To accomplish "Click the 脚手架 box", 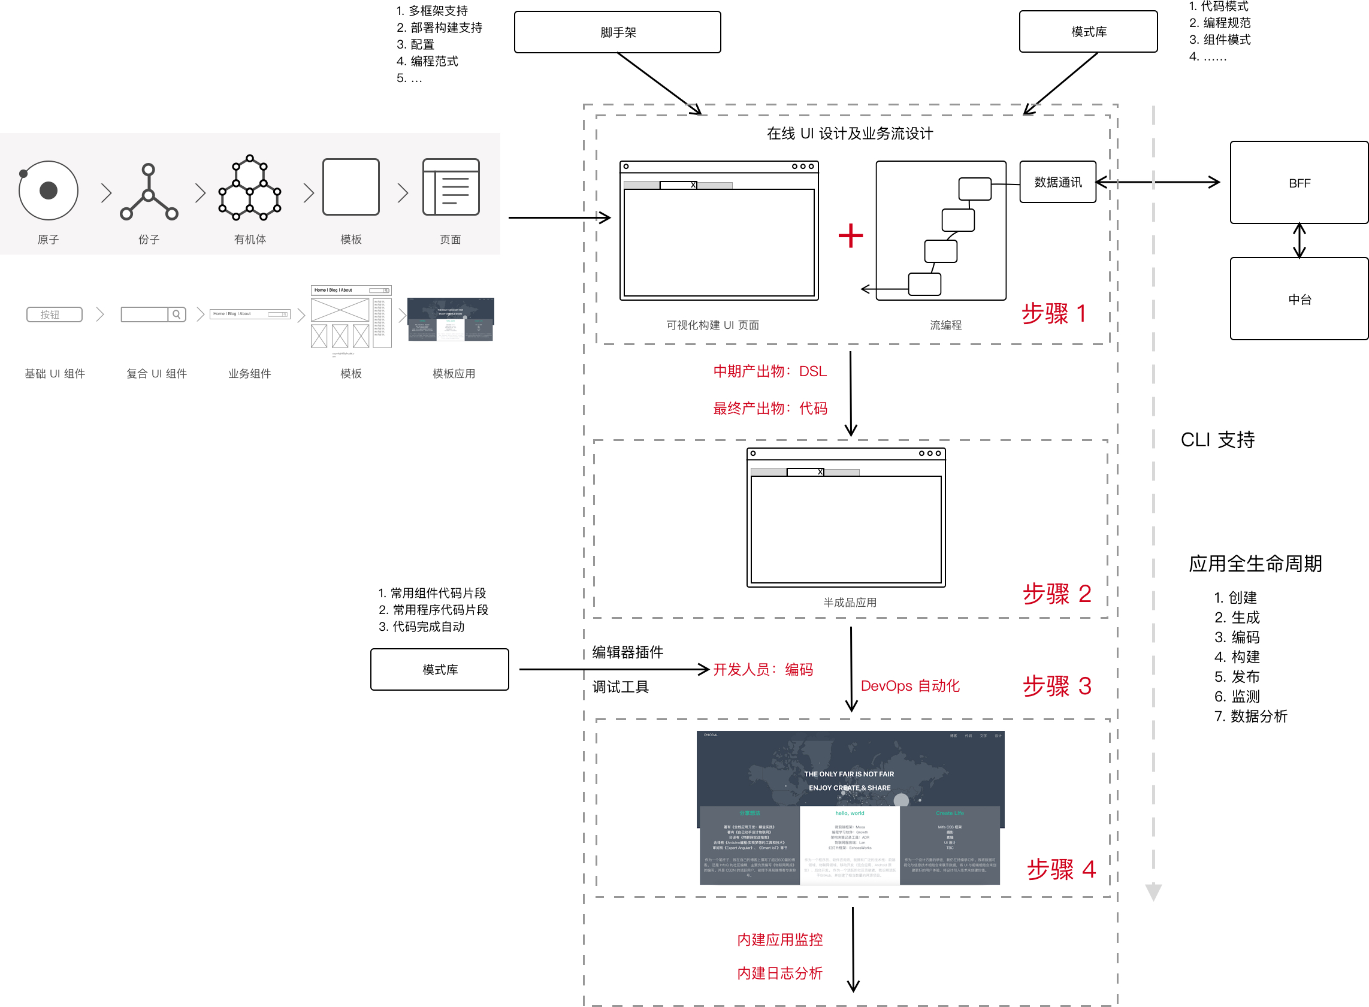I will [617, 32].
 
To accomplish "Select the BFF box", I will [1298, 183].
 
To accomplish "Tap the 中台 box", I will [1298, 299].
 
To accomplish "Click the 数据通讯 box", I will [1057, 182].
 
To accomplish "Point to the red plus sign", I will [850, 236].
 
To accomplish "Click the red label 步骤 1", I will [1053, 314].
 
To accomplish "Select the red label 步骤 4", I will [1060, 869].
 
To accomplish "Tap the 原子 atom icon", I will [48, 190].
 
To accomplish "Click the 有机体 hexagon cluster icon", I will [249, 188].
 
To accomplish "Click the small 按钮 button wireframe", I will [55, 315].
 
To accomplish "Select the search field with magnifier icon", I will [153, 315].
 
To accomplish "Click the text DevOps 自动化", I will [909, 687].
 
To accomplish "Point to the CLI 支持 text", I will [1217, 440].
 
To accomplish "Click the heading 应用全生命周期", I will [1255, 564].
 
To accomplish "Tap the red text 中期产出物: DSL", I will [769, 372].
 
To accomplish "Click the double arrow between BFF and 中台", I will [1299, 241].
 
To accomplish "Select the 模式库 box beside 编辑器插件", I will [440, 670].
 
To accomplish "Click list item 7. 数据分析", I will [1250, 716].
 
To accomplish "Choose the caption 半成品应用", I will [849, 603].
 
